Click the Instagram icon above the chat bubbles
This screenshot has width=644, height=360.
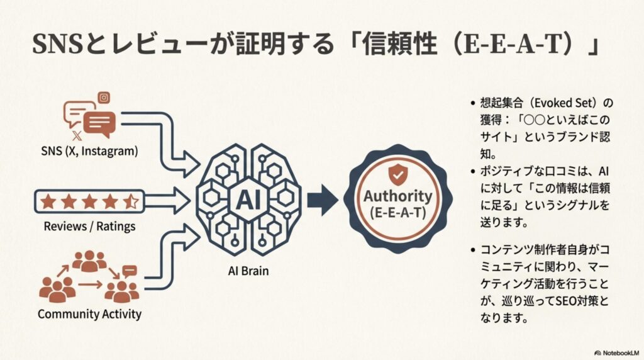click(104, 98)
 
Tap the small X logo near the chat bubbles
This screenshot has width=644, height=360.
click(77, 135)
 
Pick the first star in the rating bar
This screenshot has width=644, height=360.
click(48, 202)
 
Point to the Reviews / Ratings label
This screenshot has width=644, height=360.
click(89, 226)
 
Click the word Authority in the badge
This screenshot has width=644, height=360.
click(397, 196)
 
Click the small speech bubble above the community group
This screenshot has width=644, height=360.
click(130, 271)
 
